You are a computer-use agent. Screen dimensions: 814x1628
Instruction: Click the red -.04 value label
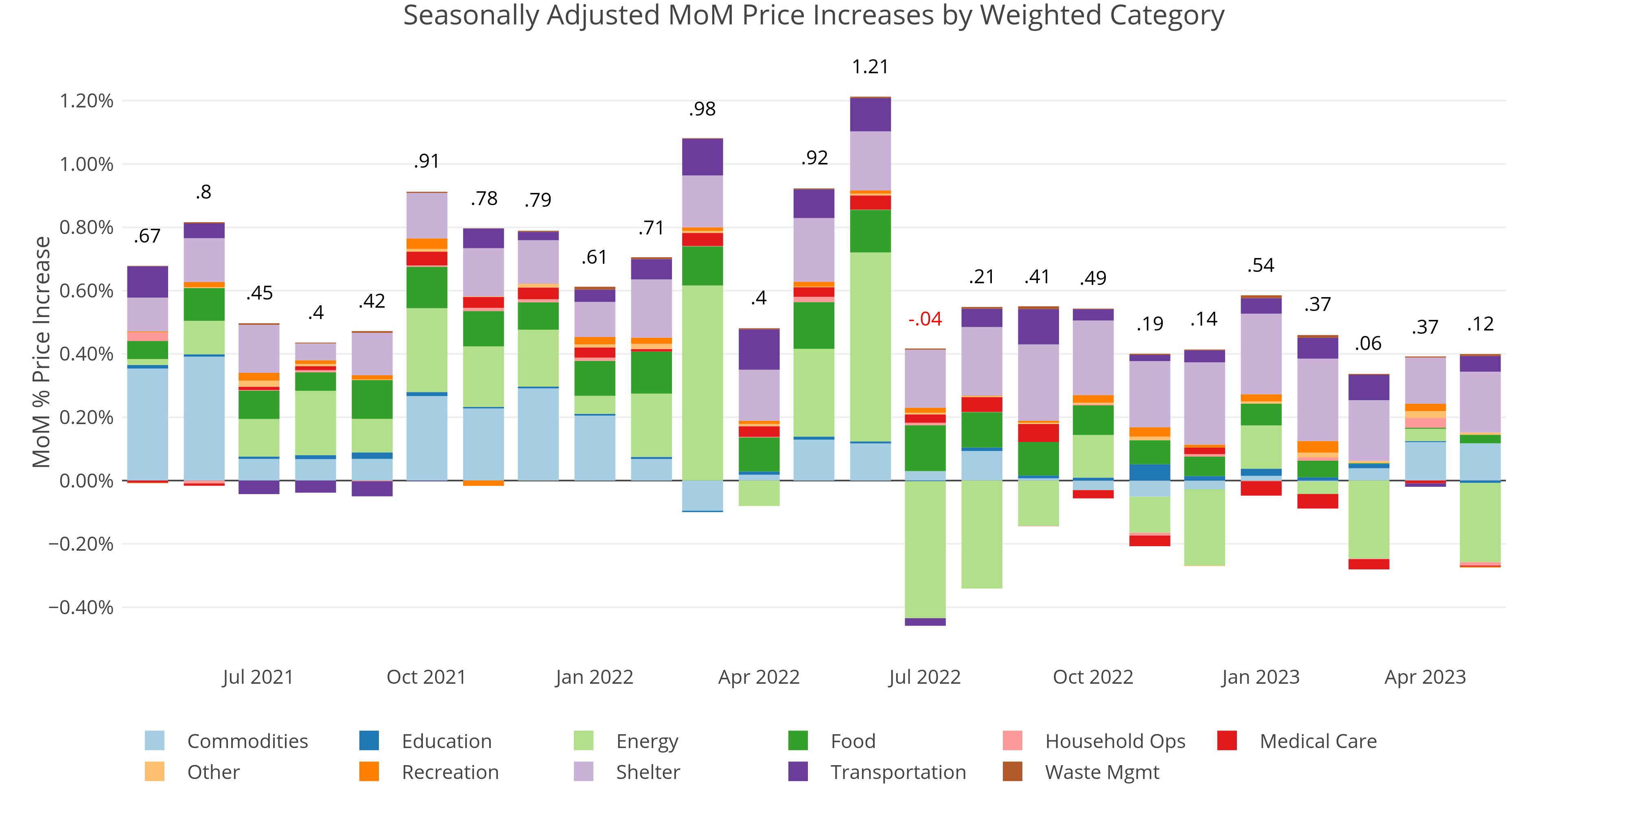point(925,319)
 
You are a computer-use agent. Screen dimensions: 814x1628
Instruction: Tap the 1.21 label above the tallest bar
point(870,67)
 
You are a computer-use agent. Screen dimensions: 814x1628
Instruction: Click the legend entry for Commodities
point(247,741)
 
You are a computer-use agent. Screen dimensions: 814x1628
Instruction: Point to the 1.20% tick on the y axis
point(87,101)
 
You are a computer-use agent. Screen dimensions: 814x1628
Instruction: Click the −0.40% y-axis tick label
point(81,607)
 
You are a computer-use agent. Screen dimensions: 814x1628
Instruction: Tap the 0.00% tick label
point(87,481)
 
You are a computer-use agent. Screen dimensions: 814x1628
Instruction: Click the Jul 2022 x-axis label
point(925,677)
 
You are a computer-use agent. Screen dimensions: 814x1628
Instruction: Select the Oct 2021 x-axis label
point(427,677)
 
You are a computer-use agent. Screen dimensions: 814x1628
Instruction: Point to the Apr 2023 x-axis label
point(1425,677)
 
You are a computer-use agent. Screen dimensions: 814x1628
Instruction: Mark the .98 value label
point(702,109)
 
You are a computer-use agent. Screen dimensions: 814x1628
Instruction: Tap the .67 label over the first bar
point(147,236)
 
